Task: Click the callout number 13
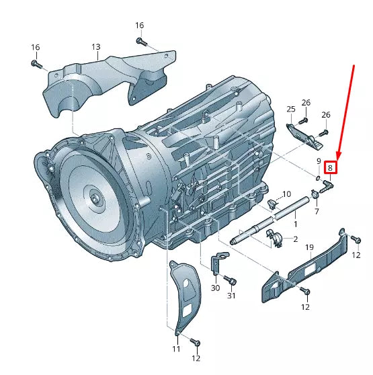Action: (x=96, y=47)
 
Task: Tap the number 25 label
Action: (x=291, y=109)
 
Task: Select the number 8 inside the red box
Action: (x=330, y=168)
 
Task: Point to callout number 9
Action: (x=319, y=161)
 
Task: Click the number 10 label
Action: (x=286, y=194)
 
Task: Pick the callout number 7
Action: (x=317, y=212)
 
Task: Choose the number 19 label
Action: (x=310, y=248)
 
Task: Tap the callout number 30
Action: (x=215, y=288)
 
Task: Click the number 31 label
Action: (x=232, y=296)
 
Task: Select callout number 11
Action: (x=176, y=349)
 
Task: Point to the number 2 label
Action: (x=295, y=239)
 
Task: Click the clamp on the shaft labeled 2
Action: (x=275, y=237)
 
